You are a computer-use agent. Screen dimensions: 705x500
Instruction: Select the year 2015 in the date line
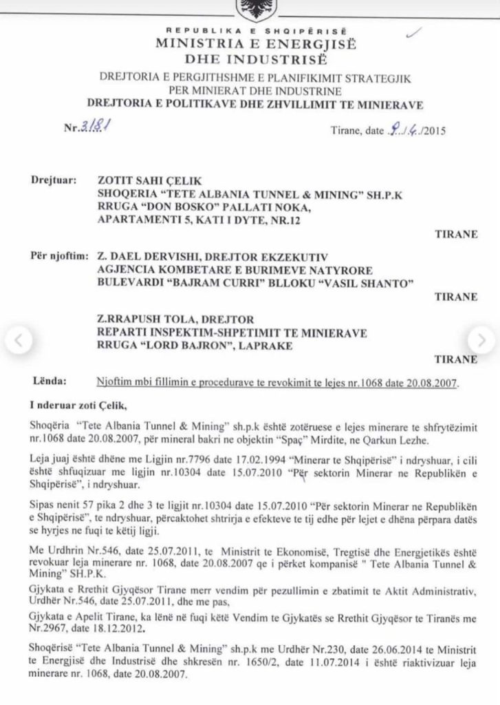[433, 129]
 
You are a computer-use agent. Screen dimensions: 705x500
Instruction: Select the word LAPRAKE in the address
[263, 346]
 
